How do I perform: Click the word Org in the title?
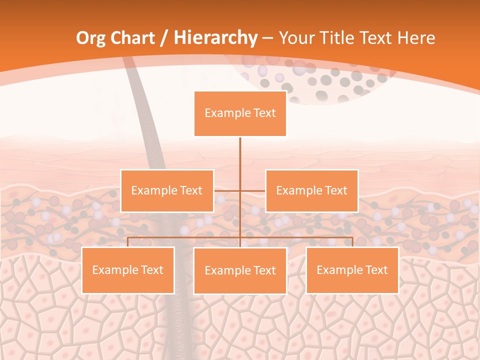point(90,38)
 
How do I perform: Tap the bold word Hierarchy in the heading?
point(215,38)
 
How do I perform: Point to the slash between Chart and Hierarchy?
point(164,38)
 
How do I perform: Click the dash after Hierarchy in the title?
point(267,38)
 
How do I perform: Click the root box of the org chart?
point(240,113)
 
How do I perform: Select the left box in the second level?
point(167,190)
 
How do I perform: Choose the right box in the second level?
point(311,190)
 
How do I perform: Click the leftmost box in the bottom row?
point(128,270)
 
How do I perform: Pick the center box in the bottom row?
point(240,270)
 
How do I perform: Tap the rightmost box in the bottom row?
point(352,270)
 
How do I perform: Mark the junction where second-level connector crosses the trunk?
point(240,190)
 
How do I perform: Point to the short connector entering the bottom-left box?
point(128,242)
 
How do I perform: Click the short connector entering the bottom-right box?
point(352,242)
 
